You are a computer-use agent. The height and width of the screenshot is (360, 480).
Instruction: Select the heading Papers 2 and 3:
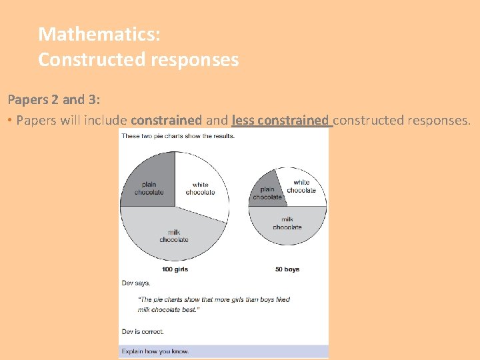coord(54,100)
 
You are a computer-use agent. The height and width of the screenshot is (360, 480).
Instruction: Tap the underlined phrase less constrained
coord(281,121)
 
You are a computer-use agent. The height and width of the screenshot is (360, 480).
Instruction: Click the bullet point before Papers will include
coord(10,121)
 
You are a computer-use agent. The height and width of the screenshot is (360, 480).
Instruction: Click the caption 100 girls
coord(175,269)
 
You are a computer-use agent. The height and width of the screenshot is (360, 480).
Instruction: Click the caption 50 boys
coord(287,269)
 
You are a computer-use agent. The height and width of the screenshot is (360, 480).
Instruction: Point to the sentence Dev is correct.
coord(143,331)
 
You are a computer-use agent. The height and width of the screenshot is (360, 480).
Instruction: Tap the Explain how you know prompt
coord(155,351)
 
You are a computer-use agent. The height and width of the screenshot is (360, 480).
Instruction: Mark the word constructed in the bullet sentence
coord(366,121)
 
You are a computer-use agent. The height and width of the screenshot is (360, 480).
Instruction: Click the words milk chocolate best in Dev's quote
coord(169,309)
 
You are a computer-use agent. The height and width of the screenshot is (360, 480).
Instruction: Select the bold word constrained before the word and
coord(166,121)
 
